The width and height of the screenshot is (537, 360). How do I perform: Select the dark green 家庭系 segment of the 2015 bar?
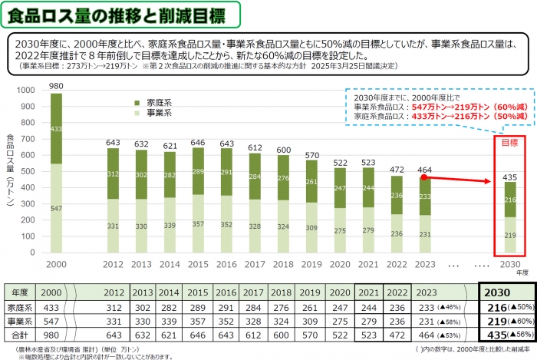click(198, 171)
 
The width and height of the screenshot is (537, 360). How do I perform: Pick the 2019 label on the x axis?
click(311, 263)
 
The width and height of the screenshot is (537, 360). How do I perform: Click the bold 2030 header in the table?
click(506, 292)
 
